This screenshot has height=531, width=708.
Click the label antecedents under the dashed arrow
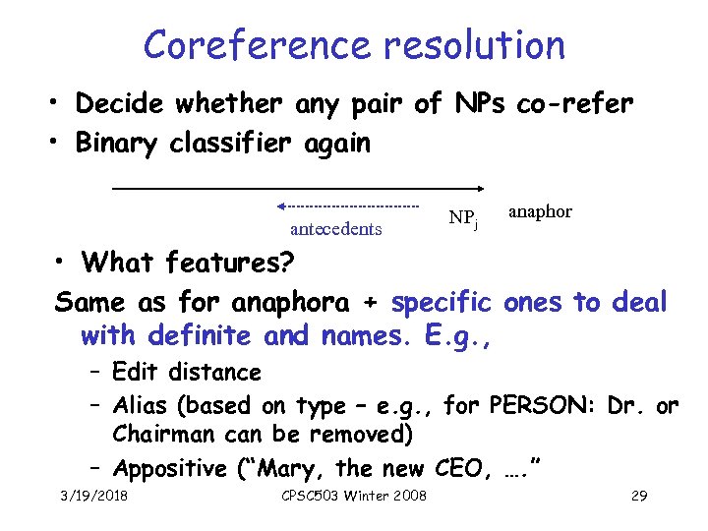(336, 229)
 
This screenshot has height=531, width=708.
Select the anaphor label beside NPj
(540, 211)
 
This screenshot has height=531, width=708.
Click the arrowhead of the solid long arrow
(480, 187)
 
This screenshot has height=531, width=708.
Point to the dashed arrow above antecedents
(349, 206)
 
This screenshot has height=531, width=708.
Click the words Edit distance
(187, 372)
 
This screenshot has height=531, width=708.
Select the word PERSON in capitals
(539, 405)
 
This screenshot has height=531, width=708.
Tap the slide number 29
(638, 496)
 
